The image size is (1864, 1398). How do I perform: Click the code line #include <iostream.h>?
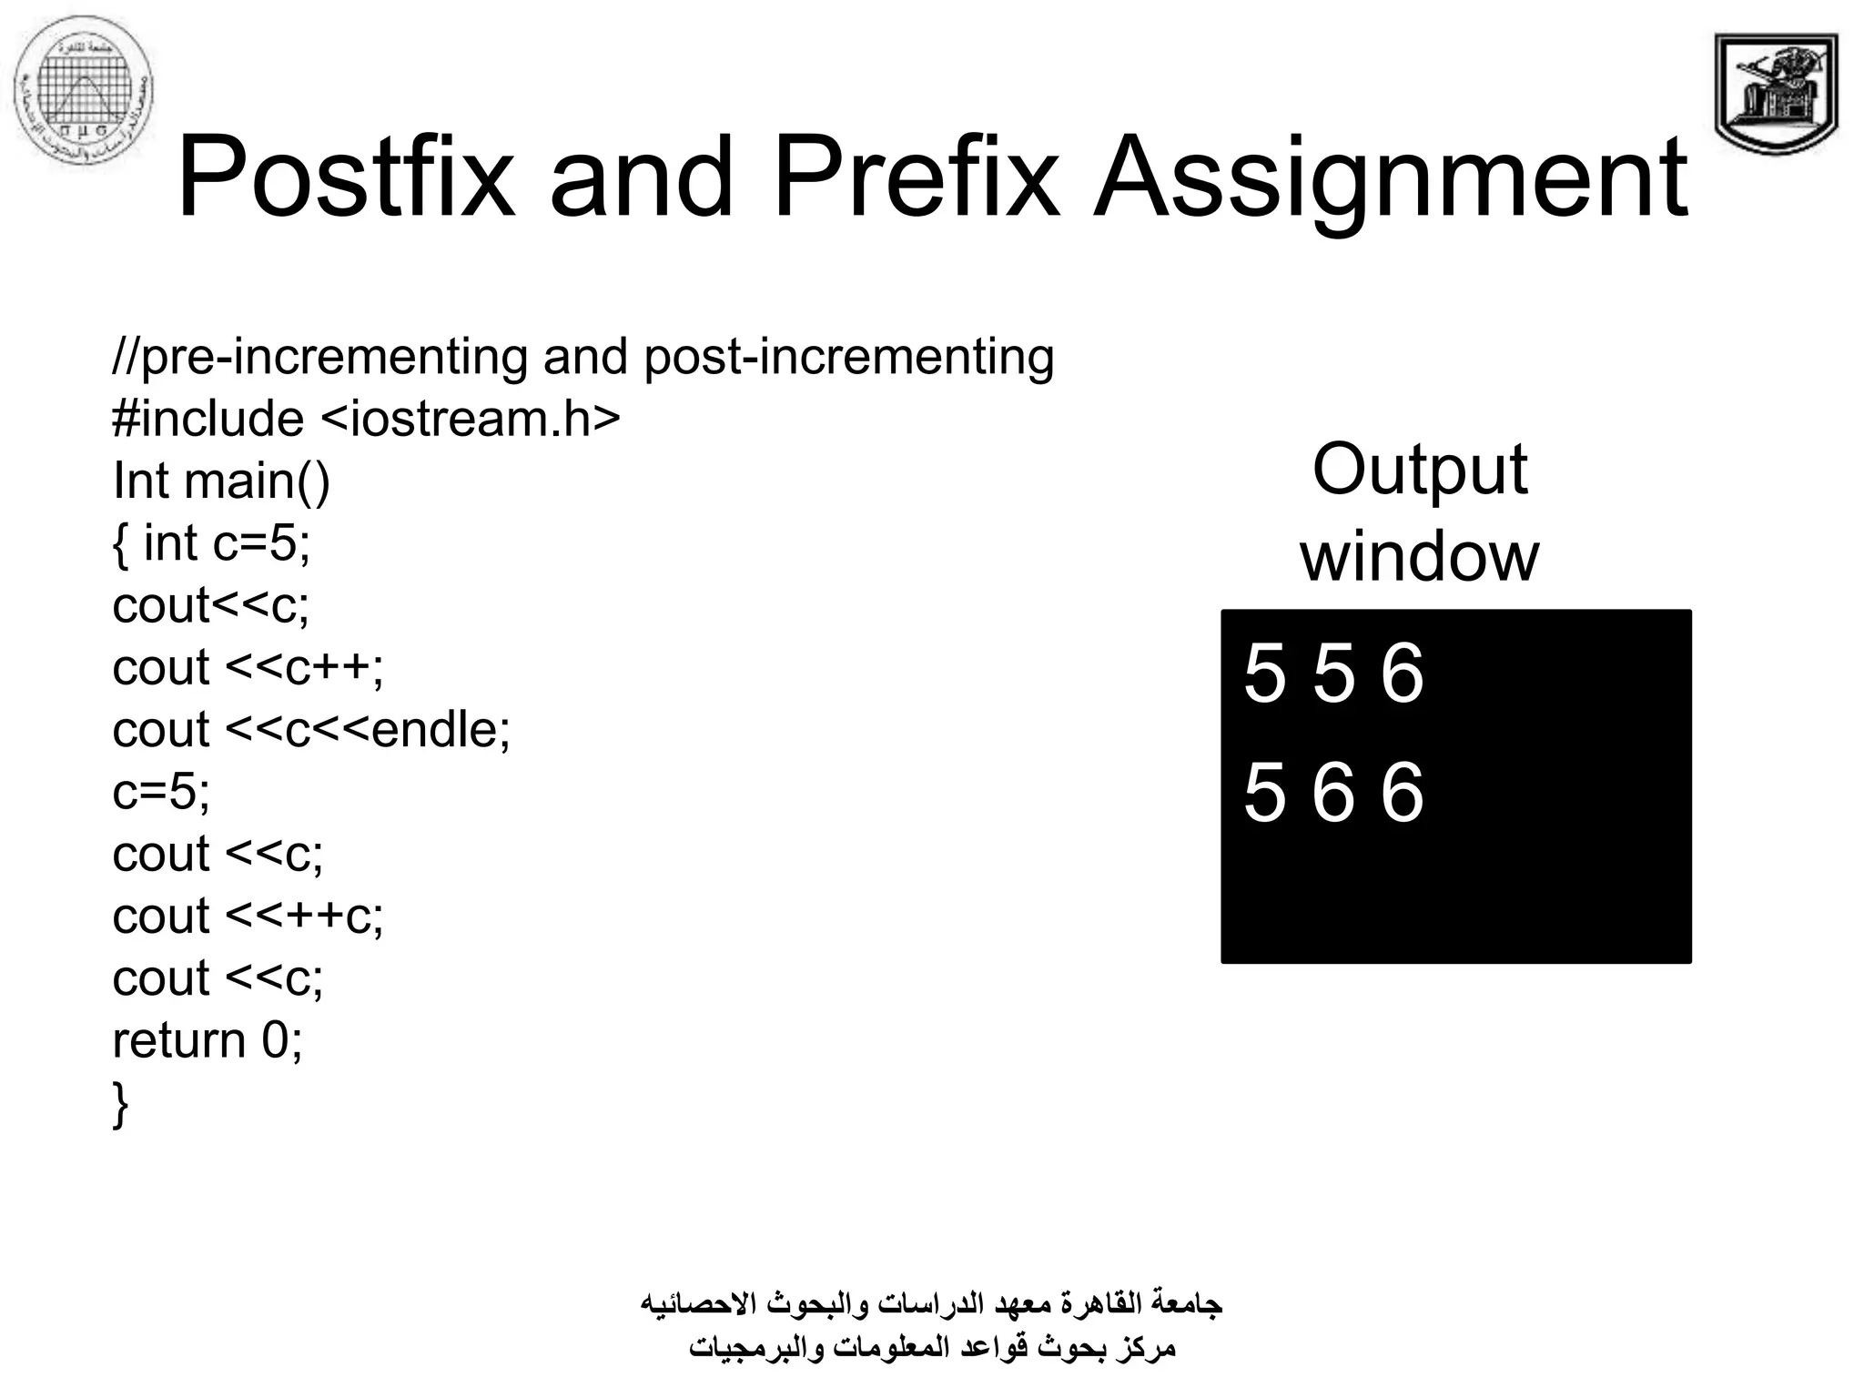(366, 419)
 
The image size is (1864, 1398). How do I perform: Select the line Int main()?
(221, 481)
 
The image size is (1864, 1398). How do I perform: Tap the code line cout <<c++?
(248, 667)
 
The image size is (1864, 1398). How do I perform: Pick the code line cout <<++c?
(248, 916)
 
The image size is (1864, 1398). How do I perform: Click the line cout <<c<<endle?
(311, 730)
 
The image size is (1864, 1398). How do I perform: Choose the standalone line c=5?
(161, 791)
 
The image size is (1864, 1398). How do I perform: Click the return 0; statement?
(208, 1040)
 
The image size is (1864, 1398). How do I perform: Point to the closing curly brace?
(120, 1103)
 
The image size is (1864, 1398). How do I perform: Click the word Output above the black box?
(1419, 470)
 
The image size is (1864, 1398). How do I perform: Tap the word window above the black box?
(1419, 556)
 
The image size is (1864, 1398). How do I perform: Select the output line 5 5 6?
(1333, 674)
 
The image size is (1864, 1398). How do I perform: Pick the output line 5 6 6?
(1333, 794)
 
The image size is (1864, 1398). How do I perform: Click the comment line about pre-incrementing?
(582, 357)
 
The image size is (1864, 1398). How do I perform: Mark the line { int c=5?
(211, 543)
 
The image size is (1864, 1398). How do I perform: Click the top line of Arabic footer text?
(931, 1303)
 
